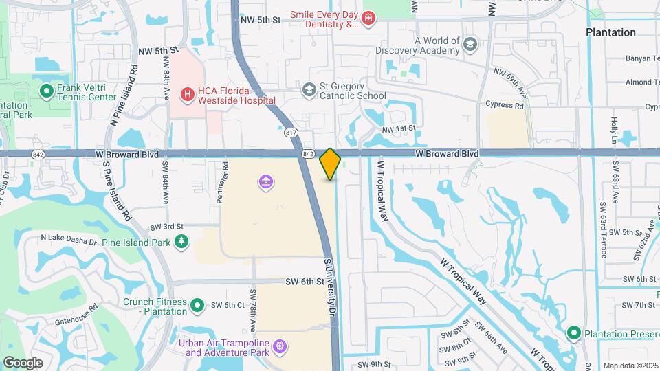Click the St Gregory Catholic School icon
(x=309, y=89)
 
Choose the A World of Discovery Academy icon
(x=470, y=45)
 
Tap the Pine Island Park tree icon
(x=181, y=242)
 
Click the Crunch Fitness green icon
(x=197, y=304)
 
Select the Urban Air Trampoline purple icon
(x=279, y=347)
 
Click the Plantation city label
(x=610, y=32)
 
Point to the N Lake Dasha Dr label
(x=69, y=238)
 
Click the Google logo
(x=23, y=362)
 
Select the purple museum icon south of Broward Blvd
(x=266, y=182)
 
